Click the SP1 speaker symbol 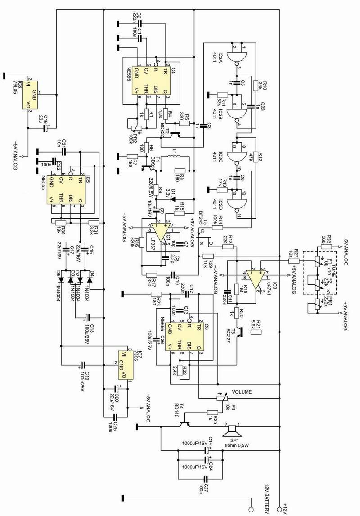233,430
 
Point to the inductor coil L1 175,157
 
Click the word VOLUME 242,391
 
